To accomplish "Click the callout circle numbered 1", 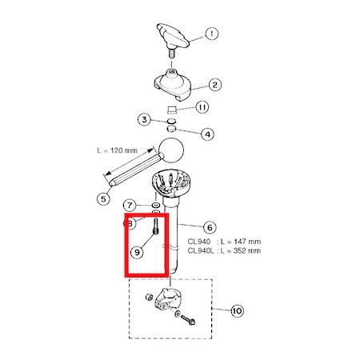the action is click(211, 34).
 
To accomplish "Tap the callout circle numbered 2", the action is click(215, 85).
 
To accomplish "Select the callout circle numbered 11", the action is click(202, 107).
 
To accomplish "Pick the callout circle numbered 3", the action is click(144, 119).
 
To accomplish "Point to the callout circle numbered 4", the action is click(207, 134).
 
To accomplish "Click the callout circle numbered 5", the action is click(103, 198).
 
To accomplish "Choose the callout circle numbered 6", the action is click(210, 227).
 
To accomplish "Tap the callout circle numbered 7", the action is click(130, 206).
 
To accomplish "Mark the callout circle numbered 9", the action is click(137, 252).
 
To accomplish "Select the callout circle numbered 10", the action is click(237, 310).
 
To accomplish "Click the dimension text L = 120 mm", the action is click(118, 150).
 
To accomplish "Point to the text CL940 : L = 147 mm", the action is click(224, 242).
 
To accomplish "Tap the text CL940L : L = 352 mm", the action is click(224, 250).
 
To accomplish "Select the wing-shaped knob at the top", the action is click(173, 38).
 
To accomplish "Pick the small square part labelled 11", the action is click(172, 109).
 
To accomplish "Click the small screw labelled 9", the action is click(155, 226).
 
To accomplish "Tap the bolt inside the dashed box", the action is click(188, 319).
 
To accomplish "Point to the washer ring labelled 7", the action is click(155, 206).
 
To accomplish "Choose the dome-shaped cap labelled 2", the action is click(173, 86).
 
